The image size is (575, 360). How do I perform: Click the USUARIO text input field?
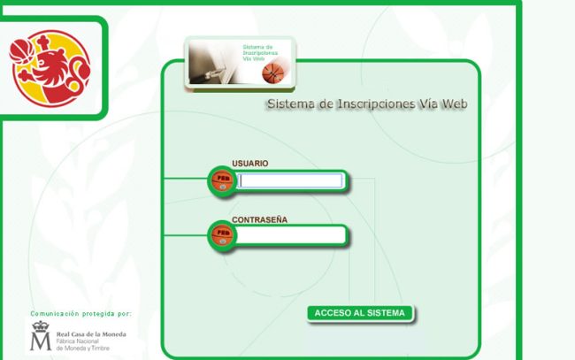pyautogui.click(x=291, y=181)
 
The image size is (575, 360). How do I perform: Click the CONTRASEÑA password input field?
pyautogui.click(x=291, y=235)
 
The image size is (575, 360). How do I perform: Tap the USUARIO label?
pyautogui.click(x=250, y=164)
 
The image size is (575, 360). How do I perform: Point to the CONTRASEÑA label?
pyautogui.click(x=260, y=219)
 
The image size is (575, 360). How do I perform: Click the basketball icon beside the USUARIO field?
pyautogui.click(x=222, y=181)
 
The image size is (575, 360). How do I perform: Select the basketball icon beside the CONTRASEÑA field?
pyautogui.click(x=222, y=235)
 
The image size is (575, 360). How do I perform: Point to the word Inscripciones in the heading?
pyautogui.click(x=372, y=104)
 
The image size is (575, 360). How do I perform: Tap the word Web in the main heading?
pyautogui.click(x=454, y=104)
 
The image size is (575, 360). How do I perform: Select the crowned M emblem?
pyautogui.click(x=41, y=337)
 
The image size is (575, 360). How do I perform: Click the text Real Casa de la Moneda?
pyautogui.click(x=91, y=334)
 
